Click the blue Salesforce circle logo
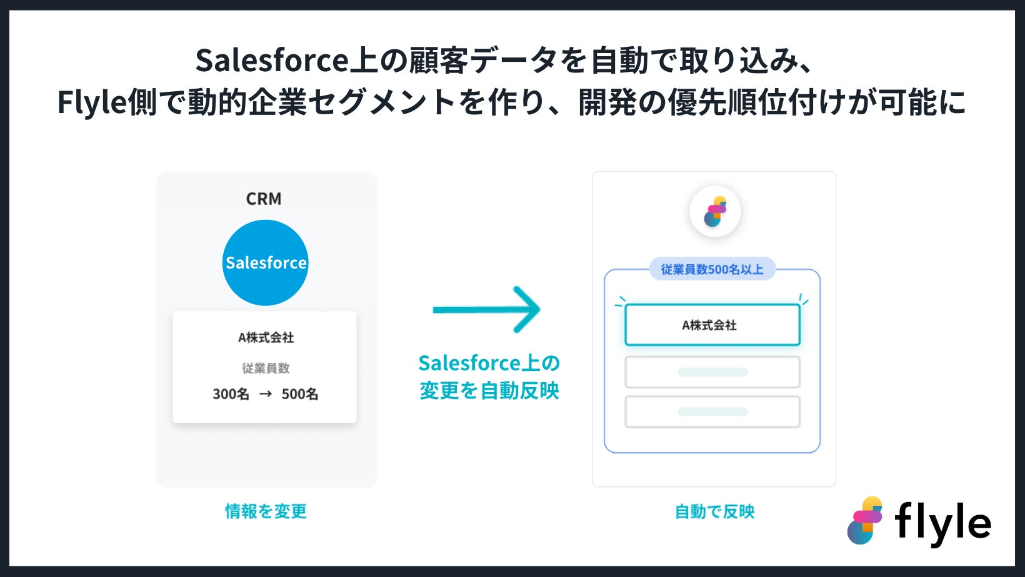click(x=266, y=262)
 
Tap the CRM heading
click(x=264, y=199)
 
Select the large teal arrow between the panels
click(x=487, y=309)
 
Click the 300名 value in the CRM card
click(x=231, y=394)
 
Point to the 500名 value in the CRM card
click(x=300, y=394)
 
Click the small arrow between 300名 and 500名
click(x=266, y=394)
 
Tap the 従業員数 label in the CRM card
click(x=266, y=368)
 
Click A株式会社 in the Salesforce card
click(x=266, y=337)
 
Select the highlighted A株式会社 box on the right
click(x=712, y=325)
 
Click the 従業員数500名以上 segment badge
click(x=712, y=269)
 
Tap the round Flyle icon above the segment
click(x=715, y=212)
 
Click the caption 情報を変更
click(x=266, y=511)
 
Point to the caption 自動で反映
click(x=714, y=511)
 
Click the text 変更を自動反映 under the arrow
click(x=489, y=391)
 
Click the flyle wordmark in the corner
click(x=942, y=523)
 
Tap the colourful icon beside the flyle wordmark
click(x=865, y=520)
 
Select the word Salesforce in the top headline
click(x=272, y=61)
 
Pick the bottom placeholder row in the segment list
click(x=712, y=412)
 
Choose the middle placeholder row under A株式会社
click(x=712, y=372)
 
